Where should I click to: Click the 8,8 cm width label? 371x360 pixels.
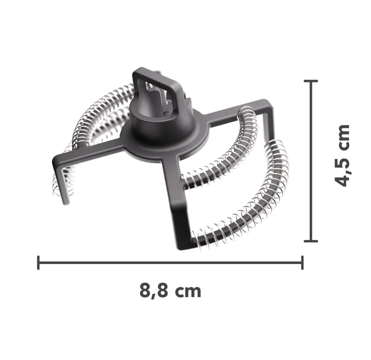coord(170,291)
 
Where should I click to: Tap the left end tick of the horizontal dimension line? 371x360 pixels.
coord(38,262)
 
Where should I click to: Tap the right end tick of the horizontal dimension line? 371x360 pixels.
coord(302,262)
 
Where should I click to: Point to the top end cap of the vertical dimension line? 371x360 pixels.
coord(311,81)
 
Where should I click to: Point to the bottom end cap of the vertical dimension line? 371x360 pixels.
coord(311,241)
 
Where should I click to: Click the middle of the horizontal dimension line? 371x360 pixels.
coord(170,262)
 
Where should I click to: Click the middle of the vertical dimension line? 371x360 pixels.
coord(311,161)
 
